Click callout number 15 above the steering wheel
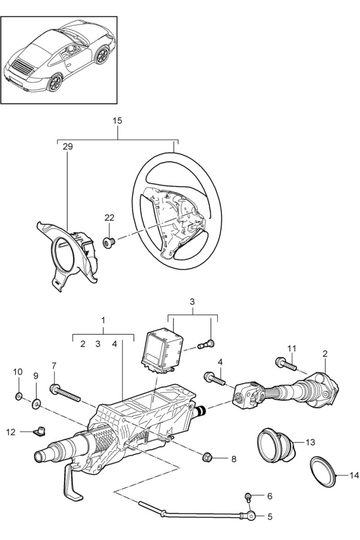(x=118, y=121)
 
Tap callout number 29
(x=68, y=147)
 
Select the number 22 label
(x=110, y=218)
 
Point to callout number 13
(x=310, y=442)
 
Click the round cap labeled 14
(x=323, y=472)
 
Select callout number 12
(x=11, y=431)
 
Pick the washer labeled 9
(x=36, y=404)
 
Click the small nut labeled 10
(x=19, y=397)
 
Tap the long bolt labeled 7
(x=65, y=393)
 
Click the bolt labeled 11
(x=286, y=364)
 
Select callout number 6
(x=270, y=496)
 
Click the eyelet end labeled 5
(x=252, y=515)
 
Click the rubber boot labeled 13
(x=277, y=445)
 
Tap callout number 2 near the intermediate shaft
(x=326, y=353)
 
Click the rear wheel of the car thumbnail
(x=55, y=83)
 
